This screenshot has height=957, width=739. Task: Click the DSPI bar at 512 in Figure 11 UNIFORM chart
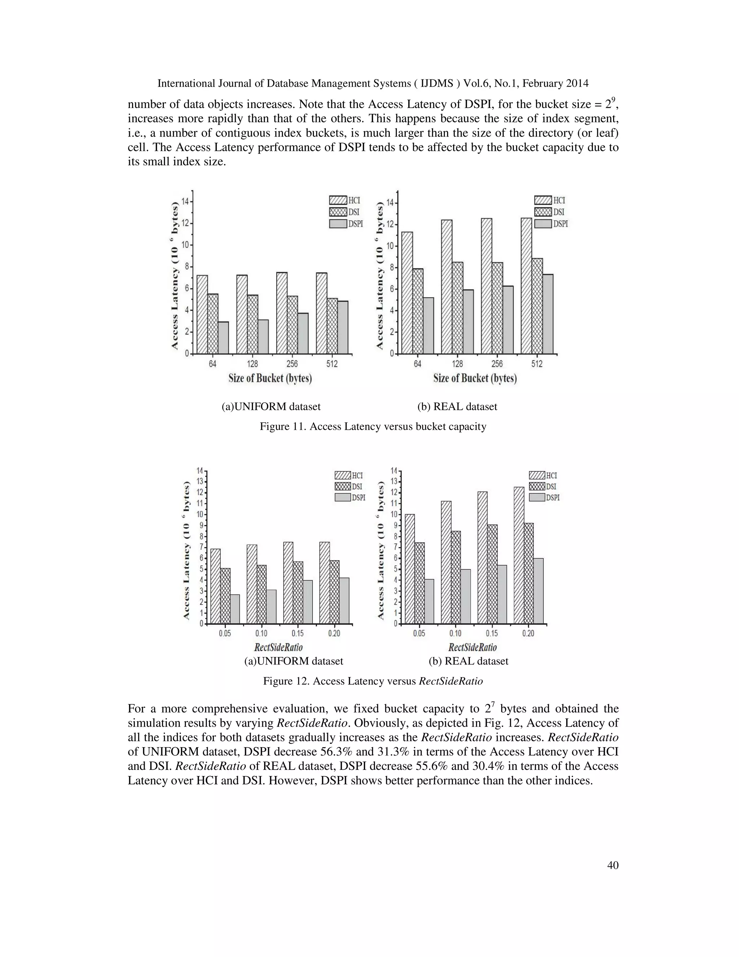343,327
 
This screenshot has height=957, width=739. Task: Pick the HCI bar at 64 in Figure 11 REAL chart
407,293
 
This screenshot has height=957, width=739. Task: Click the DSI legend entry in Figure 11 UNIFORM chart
346,212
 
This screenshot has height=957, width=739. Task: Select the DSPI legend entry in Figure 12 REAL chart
544,498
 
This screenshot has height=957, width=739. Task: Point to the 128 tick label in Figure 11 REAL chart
457,364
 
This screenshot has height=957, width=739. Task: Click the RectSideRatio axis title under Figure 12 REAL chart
472,647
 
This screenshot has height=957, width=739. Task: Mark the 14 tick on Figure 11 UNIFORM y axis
185,202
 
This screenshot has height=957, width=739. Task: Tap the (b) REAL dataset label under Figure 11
457,407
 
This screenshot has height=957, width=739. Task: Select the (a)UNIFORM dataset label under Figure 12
293,661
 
